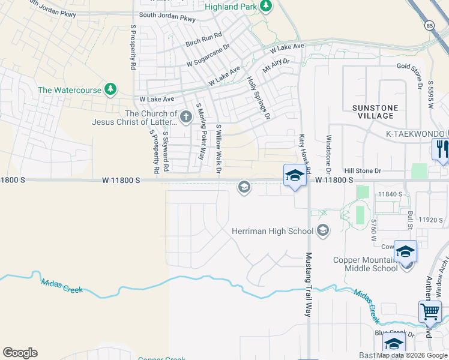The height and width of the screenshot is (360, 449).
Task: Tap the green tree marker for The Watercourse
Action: coord(110,89)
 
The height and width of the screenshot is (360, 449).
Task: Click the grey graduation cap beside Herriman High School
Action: coord(323,230)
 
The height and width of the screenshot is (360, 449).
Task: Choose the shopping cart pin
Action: coord(430,311)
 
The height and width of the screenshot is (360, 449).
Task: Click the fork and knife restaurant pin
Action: coord(442,149)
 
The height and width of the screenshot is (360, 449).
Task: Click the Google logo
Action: coord(20,353)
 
